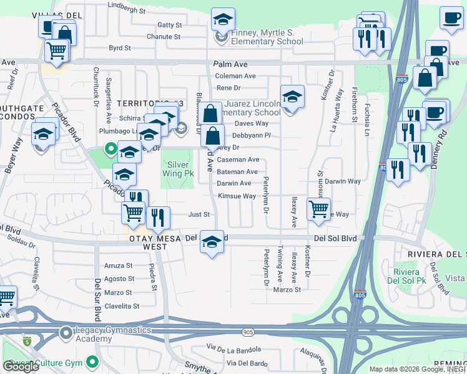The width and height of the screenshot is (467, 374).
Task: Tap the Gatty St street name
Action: click(x=169, y=25)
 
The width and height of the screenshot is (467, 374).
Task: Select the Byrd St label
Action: click(x=119, y=47)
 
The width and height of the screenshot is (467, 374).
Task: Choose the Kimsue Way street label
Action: click(x=237, y=196)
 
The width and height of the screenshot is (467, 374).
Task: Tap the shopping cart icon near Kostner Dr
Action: click(x=318, y=209)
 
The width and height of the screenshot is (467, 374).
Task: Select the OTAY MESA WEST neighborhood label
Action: click(x=139, y=242)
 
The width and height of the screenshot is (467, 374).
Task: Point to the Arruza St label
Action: click(x=118, y=265)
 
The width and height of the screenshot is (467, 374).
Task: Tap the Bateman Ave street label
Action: click(x=237, y=171)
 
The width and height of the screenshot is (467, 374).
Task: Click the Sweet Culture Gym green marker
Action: click(x=93, y=361)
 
